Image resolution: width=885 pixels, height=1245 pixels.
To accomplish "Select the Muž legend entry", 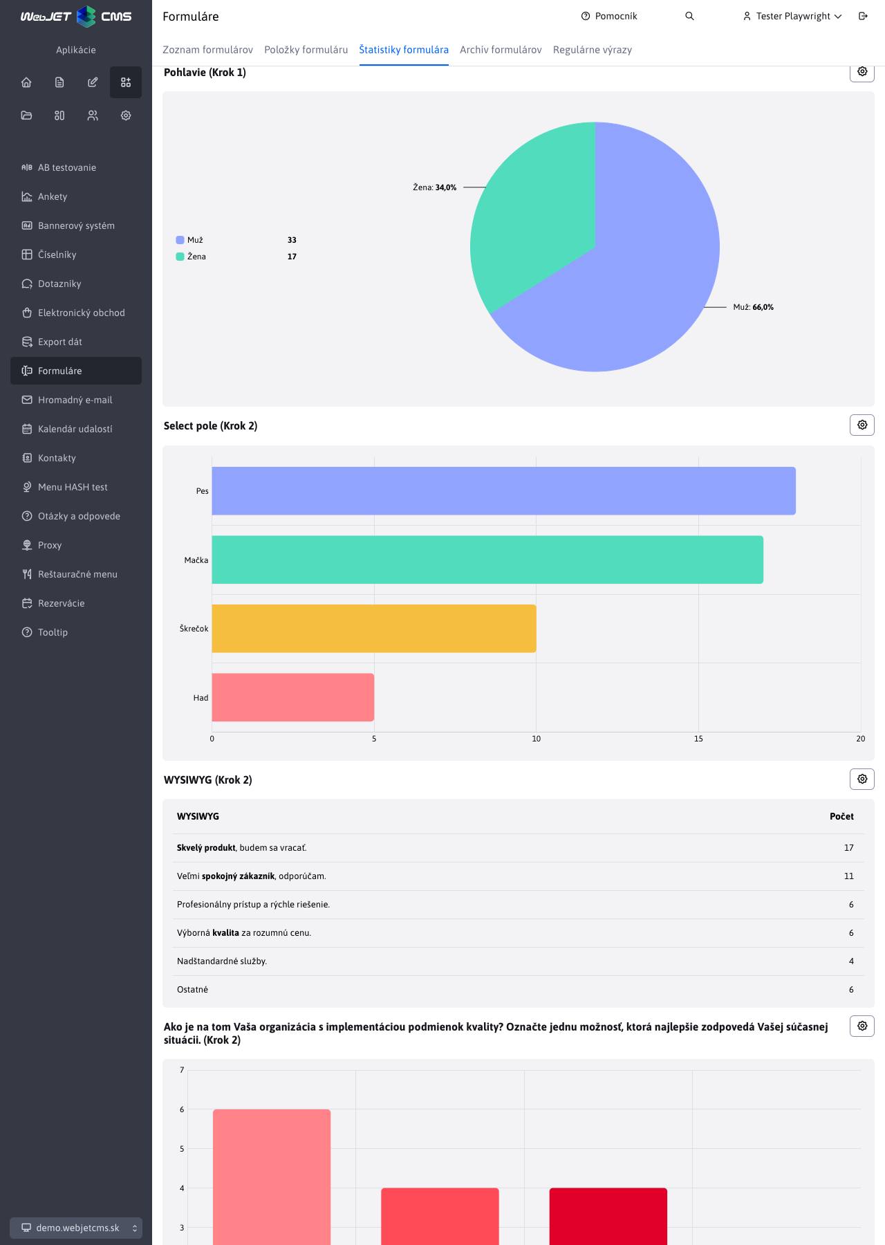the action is (190, 240).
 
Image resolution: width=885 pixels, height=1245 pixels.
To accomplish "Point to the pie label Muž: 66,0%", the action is (754, 307).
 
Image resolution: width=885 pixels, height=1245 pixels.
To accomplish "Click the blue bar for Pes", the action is (503, 491).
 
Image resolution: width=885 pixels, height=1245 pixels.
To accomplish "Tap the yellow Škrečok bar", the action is (374, 629).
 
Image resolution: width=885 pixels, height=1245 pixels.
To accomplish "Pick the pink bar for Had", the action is (292, 697).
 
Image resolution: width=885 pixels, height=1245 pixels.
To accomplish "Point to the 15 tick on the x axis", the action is (698, 739).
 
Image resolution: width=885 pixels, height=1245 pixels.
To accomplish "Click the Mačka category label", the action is (196, 560).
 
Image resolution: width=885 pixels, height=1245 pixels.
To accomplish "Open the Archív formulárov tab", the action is (501, 50).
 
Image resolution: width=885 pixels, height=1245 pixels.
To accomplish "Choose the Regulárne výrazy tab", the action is (593, 50).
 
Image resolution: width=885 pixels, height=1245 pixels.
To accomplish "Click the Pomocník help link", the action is (609, 16).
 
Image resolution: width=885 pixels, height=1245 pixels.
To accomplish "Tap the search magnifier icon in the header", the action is (689, 16).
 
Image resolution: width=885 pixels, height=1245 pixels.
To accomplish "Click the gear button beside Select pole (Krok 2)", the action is (862, 425).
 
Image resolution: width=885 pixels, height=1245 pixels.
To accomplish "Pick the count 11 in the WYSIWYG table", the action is (849, 876).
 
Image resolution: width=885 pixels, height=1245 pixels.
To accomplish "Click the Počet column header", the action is (841, 817).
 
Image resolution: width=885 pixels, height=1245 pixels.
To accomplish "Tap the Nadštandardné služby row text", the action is (222, 961).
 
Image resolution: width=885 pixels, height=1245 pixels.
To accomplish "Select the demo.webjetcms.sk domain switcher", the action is (76, 1228).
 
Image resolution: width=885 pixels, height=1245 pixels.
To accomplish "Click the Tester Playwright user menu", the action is (792, 16).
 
